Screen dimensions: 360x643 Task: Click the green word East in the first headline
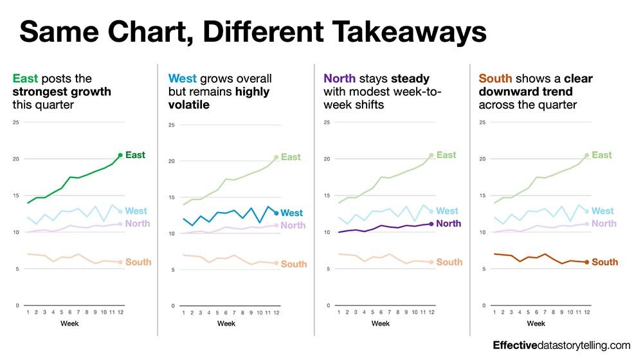[25, 79]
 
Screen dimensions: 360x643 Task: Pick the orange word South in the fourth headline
[496, 79]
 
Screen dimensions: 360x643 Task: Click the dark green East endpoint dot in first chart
[120, 155]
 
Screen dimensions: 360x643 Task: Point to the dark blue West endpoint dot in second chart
[276, 213]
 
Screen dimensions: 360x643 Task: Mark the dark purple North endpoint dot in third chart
[431, 224]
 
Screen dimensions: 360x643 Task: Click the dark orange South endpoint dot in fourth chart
[586, 262]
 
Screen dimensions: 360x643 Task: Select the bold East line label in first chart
[135, 155]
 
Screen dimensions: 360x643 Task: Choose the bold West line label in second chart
[292, 213]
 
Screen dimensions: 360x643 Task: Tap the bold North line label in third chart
[449, 224]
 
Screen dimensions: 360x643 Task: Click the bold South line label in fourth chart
[604, 262]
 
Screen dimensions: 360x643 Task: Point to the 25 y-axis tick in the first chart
[17, 122]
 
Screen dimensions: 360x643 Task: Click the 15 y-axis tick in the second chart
[172, 197]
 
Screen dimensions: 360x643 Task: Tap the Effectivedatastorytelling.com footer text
[561, 345]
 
